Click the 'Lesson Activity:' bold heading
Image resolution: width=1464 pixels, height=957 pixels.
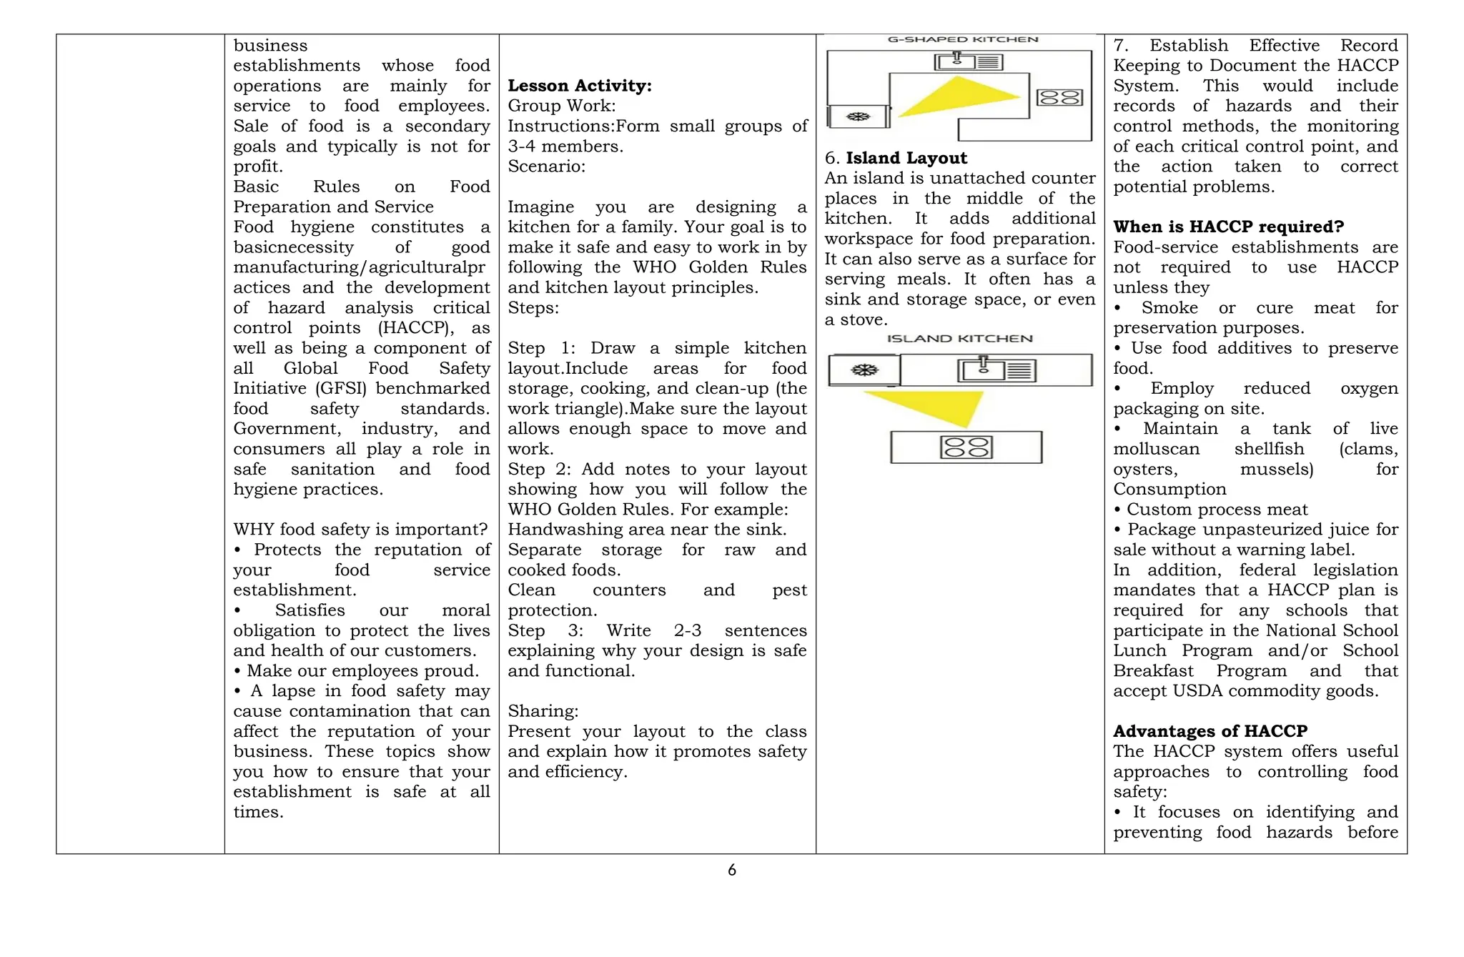[x=579, y=86]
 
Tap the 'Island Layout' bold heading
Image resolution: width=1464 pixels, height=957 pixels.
[x=906, y=158]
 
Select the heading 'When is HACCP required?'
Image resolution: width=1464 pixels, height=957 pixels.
[x=1228, y=227]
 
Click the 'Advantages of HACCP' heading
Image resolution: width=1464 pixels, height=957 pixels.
[x=1210, y=731]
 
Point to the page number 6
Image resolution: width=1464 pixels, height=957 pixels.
[x=731, y=870]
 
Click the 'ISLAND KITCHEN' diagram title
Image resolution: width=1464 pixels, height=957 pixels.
[x=959, y=338]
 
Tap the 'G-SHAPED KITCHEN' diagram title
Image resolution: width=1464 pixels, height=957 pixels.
[x=962, y=40]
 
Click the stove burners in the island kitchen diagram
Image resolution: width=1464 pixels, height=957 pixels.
[x=966, y=447]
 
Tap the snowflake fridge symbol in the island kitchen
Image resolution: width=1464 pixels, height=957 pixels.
[x=864, y=370]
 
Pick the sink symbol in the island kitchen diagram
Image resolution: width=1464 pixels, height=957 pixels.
[x=984, y=370]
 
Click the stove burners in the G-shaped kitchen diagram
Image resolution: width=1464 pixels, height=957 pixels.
[x=1059, y=97]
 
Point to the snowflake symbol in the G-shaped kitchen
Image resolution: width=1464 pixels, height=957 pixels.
[x=858, y=116]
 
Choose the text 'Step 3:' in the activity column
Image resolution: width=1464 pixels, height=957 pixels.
[x=545, y=630]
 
